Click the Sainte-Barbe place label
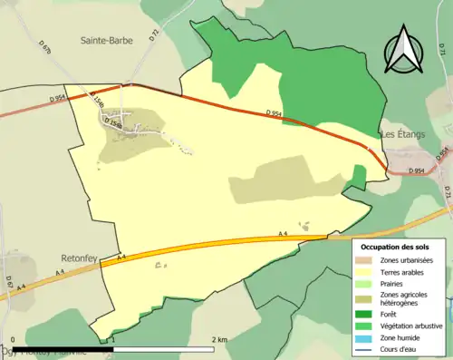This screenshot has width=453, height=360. (108, 40)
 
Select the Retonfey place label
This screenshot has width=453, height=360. (80, 243)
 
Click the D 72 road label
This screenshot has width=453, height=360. (154, 34)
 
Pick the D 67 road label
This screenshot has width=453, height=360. (8, 283)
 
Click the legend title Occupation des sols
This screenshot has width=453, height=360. (396, 247)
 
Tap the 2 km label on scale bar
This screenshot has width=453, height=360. (219, 339)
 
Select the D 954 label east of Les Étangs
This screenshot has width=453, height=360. (417, 170)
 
